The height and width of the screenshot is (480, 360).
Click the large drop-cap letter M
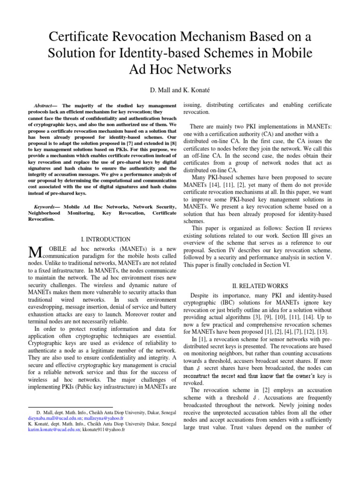click(36, 253)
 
